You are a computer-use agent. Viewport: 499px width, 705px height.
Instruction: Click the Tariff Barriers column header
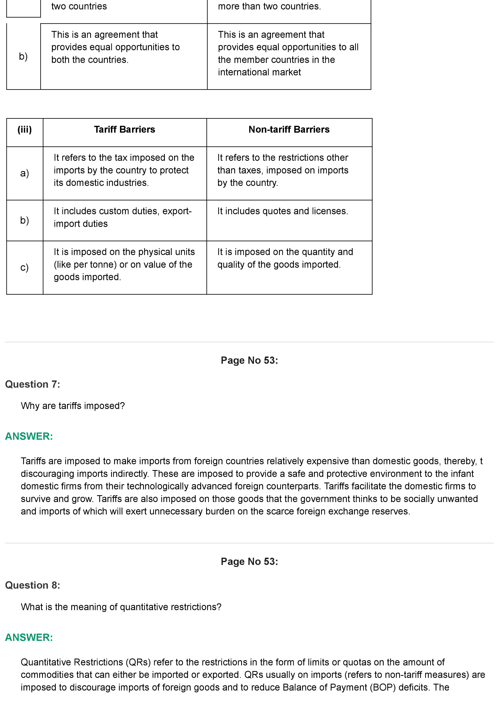pyautogui.click(x=125, y=130)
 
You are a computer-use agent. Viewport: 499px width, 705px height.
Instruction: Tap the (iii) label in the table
pyautogui.click(x=25, y=130)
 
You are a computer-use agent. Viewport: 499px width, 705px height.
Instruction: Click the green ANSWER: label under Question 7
pyautogui.click(x=29, y=436)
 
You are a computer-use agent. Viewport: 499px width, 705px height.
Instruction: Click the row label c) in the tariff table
pyautogui.click(x=25, y=267)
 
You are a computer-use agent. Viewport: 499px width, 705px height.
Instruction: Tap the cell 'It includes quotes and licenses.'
pyautogui.click(x=283, y=211)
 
